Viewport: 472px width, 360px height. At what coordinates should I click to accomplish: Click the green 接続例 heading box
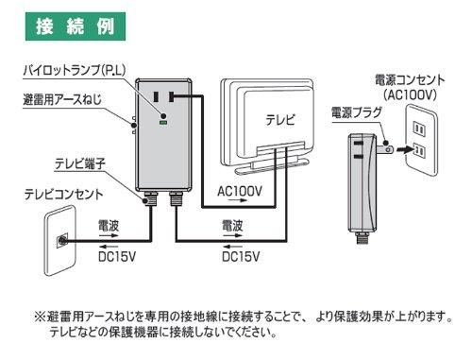click(76, 26)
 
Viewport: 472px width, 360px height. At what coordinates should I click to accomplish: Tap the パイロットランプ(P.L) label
click(75, 70)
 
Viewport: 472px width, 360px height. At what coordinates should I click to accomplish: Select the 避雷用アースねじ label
click(62, 100)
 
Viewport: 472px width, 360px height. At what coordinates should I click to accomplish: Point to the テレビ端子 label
click(80, 163)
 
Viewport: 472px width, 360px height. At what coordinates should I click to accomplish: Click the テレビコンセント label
click(64, 195)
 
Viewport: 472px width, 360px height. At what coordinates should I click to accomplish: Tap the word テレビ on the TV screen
click(280, 120)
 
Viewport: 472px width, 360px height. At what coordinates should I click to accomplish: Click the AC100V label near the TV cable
click(240, 191)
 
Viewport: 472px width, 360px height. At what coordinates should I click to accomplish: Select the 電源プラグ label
click(357, 112)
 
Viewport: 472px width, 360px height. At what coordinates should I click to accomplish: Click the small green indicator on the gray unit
click(163, 123)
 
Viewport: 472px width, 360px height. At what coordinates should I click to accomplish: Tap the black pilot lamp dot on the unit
click(163, 115)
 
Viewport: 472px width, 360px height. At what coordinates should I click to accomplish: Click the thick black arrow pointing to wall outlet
click(405, 149)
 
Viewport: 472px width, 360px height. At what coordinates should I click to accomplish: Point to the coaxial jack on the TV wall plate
click(61, 241)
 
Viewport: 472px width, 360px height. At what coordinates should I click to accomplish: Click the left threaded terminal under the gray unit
click(149, 198)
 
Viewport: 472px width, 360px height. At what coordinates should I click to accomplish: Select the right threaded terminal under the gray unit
click(176, 198)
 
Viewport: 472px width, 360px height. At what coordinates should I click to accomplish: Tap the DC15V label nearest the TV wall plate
click(117, 257)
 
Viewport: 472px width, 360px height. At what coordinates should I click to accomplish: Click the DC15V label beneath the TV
click(241, 257)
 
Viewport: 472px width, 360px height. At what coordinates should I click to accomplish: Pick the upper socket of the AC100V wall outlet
click(419, 129)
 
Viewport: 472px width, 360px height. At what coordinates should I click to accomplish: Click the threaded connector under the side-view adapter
click(362, 237)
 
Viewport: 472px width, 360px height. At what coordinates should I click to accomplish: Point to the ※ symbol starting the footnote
click(41, 317)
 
